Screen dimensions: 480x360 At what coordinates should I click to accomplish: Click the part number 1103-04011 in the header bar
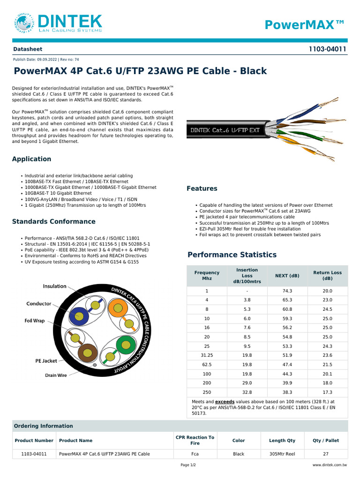click(328, 49)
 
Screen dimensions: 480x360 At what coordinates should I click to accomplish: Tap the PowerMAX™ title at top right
click(305, 25)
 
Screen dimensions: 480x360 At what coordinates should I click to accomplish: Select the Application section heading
click(31, 159)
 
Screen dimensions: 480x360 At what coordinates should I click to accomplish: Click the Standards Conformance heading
click(53, 221)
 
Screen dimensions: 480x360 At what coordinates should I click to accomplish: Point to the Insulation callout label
click(55, 286)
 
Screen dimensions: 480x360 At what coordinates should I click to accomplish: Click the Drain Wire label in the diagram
click(56, 375)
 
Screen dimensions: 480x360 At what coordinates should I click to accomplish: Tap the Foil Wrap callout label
click(35, 321)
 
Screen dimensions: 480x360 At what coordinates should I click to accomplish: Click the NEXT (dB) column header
click(287, 276)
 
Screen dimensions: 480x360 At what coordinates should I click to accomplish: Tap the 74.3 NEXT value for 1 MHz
click(287, 291)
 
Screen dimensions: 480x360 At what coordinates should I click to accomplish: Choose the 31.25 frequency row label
click(207, 355)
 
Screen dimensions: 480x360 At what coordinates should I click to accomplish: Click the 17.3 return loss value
click(328, 392)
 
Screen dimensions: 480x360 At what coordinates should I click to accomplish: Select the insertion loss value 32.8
click(247, 392)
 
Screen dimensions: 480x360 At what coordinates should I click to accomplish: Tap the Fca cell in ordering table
click(195, 454)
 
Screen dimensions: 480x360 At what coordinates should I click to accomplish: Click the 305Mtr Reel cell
click(282, 454)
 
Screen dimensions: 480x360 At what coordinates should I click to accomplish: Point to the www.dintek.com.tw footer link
click(330, 465)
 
